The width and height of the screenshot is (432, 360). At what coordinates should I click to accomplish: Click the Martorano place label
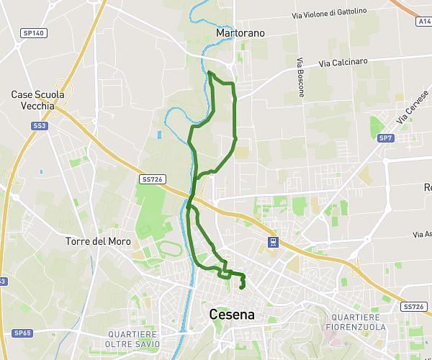240,33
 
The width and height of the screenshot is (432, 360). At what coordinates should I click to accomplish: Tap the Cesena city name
232,315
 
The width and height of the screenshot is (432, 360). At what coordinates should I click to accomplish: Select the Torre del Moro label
98,241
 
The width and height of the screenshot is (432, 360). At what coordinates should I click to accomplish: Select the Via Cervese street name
413,109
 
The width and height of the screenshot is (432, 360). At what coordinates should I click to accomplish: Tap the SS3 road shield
39,125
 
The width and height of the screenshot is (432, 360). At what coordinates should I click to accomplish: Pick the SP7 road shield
387,138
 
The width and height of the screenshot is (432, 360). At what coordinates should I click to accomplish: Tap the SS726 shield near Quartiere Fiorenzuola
414,306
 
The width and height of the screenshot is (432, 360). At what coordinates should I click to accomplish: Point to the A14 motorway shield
424,22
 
